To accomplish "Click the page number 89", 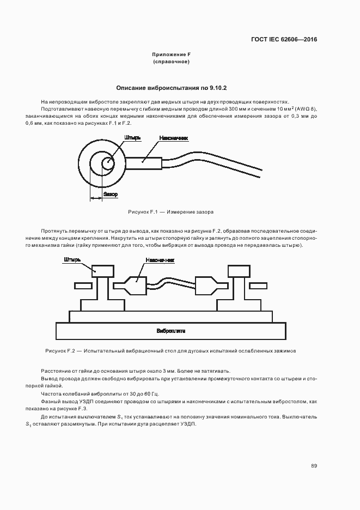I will pyautogui.click(x=314, y=466).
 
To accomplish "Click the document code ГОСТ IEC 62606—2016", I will pyautogui.click(x=284, y=40).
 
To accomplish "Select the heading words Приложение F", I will pyautogui.click(x=171, y=55).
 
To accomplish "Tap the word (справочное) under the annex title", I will pyautogui.click(x=171, y=62).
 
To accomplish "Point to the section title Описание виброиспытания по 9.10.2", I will pyautogui.click(x=171, y=88).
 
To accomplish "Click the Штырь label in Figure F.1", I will pyautogui.click(x=133, y=138).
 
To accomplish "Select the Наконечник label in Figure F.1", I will pyautogui.click(x=174, y=138).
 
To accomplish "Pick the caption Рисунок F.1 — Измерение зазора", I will pyautogui.click(x=171, y=211).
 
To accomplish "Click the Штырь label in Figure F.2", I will pyautogui.click(x=72, y=259).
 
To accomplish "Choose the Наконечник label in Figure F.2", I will pyautogui.click(x=160, y=260).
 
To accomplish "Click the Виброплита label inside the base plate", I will pyautogui.click(x=171, y=331).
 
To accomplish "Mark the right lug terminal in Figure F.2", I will pyautogui.click(x=206, y=285).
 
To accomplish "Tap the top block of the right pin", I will pyautogui.click(x=239, y=270).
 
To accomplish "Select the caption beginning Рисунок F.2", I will pyautogui.click(x=171, y=350).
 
